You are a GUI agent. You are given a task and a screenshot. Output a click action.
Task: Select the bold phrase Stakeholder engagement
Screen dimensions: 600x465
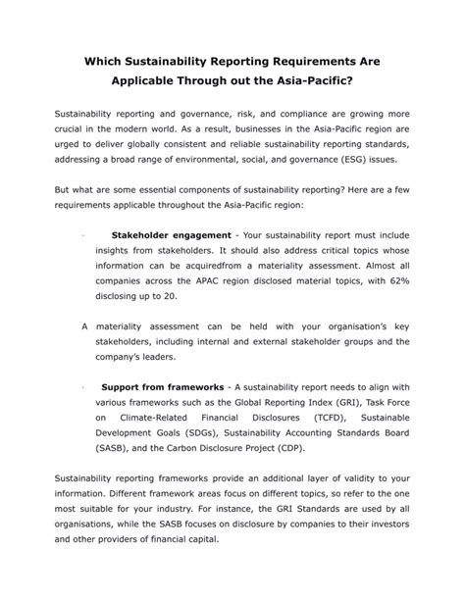[170, 235]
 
